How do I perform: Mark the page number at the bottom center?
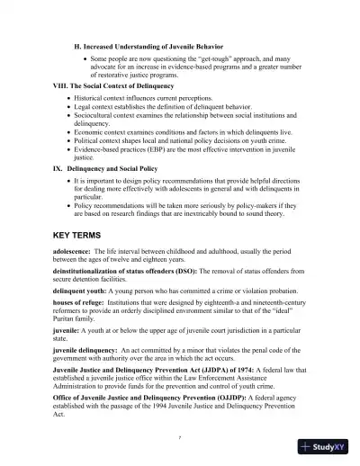point(180,435)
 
